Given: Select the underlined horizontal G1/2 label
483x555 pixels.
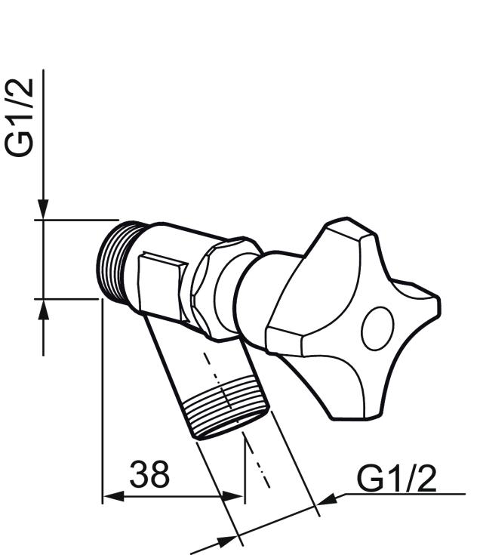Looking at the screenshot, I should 396,479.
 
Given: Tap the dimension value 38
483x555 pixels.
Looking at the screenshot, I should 149,476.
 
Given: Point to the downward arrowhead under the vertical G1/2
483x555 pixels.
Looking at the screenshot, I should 44,210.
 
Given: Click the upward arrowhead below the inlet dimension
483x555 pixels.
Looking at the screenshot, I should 44,308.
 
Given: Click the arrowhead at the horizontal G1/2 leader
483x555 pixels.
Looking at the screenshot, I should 326,499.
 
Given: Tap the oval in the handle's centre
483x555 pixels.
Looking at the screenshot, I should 375,330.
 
